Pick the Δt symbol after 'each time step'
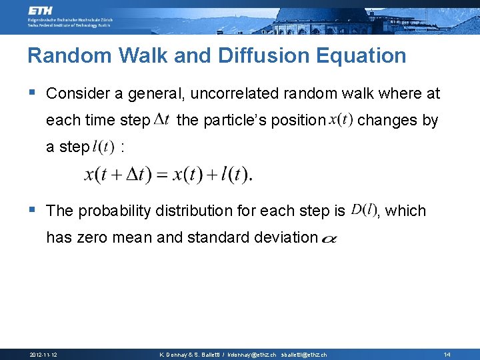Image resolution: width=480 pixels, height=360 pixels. (165, 120)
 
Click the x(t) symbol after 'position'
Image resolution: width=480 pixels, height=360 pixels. (340, 120)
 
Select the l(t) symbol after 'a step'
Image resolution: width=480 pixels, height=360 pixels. (103, 147)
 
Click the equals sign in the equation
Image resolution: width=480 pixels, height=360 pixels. (162, 175)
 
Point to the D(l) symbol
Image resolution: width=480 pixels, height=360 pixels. (363, 210)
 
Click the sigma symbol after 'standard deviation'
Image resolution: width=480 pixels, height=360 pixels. (329, 239)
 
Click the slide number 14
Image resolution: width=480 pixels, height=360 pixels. (447, 355)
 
